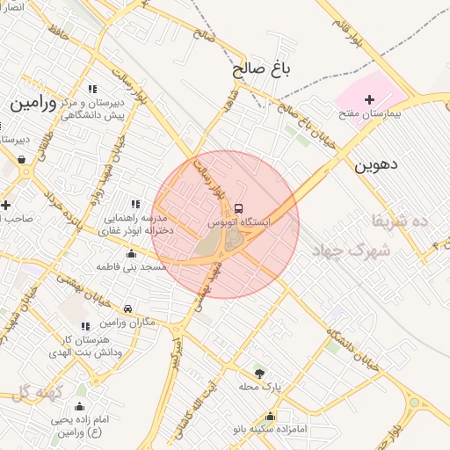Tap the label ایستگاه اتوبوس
240,223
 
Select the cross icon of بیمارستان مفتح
369,100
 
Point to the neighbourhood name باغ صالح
262,67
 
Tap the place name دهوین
377,163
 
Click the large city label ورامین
33,104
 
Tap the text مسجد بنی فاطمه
132,266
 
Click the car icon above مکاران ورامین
128,309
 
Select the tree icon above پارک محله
258,373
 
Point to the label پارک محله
258,386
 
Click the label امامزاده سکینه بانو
270,430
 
